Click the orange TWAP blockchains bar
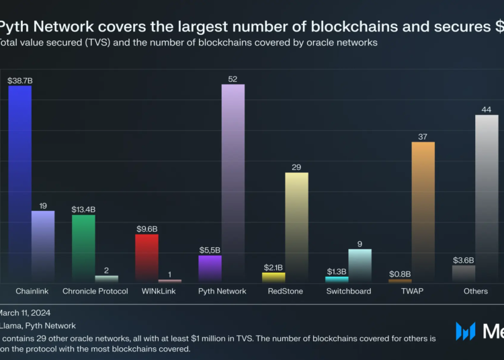pos(423,212)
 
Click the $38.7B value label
pos(19,80)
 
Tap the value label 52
pos(233,79)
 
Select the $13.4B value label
pos(83,210)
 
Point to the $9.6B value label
pos(146,228)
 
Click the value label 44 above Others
pos(487,109)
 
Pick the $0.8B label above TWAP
pos(400,273)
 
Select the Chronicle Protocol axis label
pos(95,291)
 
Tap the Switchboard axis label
pos(348,291)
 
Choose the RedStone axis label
pos(285,291)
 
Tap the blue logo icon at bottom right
pos(466,331)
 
